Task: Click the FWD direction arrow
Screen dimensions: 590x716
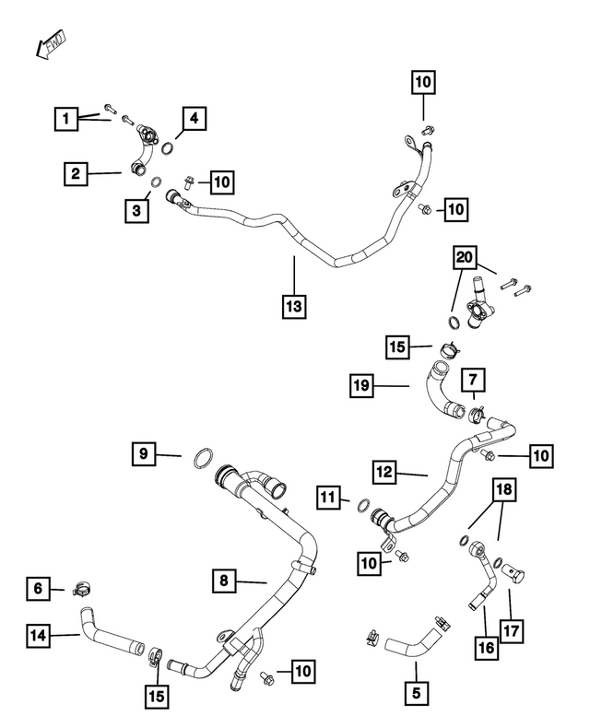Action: point(51,44)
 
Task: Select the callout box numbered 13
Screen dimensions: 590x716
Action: point(294,306)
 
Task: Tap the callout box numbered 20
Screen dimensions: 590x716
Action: point(464,257)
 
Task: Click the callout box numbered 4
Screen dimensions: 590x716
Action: point(195,118)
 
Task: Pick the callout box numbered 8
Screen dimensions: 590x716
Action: point(224,581)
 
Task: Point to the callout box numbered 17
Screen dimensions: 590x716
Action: point(511,631)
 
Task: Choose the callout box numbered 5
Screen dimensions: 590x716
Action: point(416,693)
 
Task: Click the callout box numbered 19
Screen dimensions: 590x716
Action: point(361,386)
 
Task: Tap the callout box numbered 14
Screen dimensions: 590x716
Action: point(38,635)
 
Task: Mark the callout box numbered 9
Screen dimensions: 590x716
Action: point(144,453)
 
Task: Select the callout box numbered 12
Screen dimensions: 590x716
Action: point(384,472)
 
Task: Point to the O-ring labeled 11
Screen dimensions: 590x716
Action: point(363,506)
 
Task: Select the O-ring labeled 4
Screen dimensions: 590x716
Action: point(168,148)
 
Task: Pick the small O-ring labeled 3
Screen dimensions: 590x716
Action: point(156,182)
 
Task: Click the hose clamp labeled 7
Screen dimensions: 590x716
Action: point(477,414)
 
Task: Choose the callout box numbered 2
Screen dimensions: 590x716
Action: point(76,174)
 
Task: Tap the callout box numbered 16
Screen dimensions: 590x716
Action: point(487,647)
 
